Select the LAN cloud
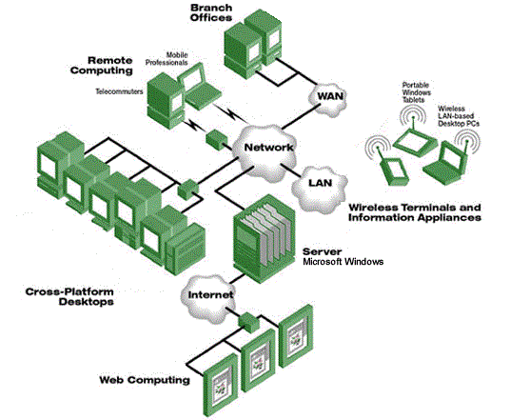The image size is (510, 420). tap(317, 181)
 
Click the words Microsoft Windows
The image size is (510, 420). tap(342, 260)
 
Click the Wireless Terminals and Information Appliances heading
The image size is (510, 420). tap(415, 211)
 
